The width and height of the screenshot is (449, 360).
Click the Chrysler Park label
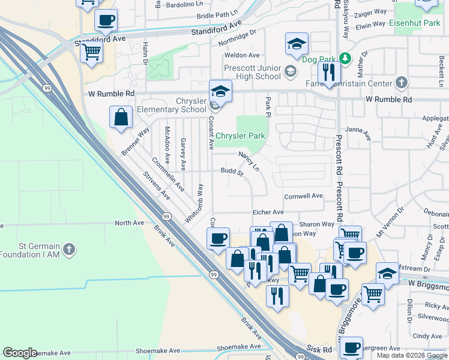[x=240, y=136]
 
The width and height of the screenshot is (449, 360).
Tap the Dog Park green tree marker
[x=345, y=59]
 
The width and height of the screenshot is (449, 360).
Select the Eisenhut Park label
[x=415, y=23]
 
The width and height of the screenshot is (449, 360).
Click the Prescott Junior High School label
[x=252, y=72]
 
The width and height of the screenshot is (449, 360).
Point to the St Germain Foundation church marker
[x=69, y=248]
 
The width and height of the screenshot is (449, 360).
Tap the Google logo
[x=20, y=353]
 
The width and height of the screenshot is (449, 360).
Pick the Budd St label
[x=232, y=173]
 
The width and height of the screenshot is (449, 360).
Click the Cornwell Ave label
[x=303, y=196]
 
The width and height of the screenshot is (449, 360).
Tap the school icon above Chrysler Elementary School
[x=220, y=91]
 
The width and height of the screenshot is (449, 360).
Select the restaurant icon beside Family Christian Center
[x=328, y=73]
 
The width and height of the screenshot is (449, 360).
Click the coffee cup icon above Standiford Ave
[x=106, y=20]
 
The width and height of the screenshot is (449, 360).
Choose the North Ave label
[x=130, y=223]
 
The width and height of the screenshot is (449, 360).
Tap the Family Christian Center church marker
[x=402, y=83]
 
